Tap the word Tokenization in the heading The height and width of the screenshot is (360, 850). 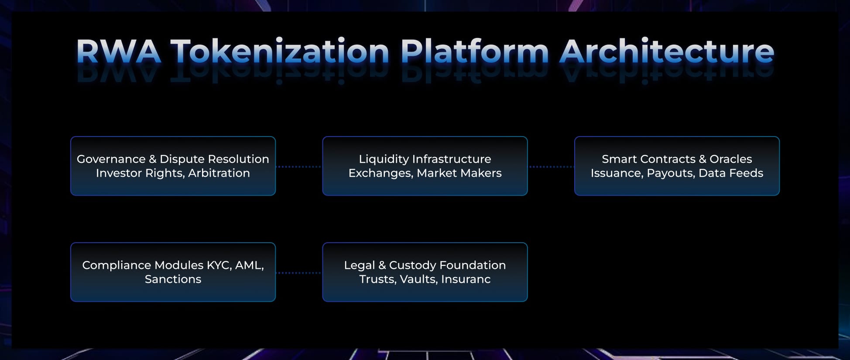pos(280,52)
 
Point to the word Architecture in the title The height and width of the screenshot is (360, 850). pos(667,52)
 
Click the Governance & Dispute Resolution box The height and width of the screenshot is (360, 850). pos(173,166)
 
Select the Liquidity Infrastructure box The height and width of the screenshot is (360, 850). pos(425,166)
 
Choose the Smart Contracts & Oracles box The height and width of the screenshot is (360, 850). pos(677,166)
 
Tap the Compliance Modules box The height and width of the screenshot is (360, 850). pos(173,272)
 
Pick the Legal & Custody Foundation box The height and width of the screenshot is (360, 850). pos(425,272)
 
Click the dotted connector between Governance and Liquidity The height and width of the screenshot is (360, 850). pos(299,167)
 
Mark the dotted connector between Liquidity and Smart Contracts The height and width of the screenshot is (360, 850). pos(551,167)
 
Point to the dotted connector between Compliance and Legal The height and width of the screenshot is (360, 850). pos(299,273)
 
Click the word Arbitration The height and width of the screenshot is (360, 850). pos(219,173)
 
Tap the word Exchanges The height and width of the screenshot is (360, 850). pos(380,173)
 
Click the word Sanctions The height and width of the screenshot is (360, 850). pos(173,279)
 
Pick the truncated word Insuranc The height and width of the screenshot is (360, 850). pos(466,279)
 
